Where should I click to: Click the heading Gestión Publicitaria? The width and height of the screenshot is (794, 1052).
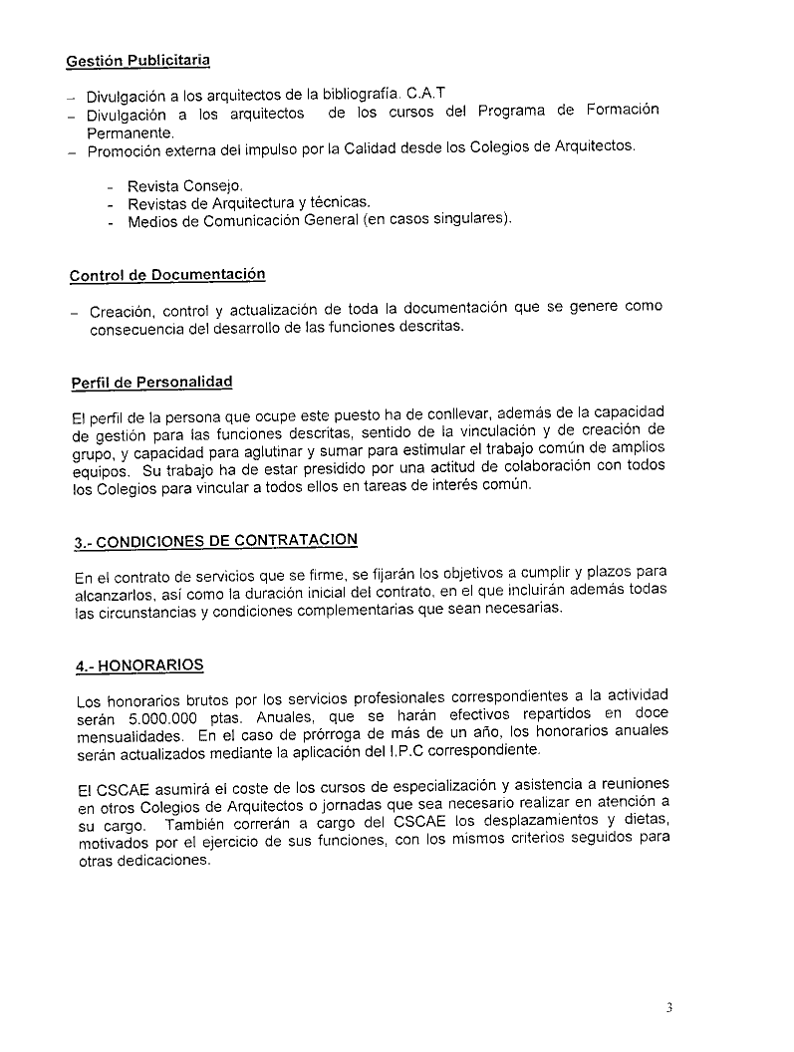137,62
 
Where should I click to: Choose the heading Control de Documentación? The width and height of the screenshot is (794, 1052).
167,275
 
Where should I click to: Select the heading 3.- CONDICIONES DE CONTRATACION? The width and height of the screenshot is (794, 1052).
215,541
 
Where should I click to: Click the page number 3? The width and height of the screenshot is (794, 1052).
669,1007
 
